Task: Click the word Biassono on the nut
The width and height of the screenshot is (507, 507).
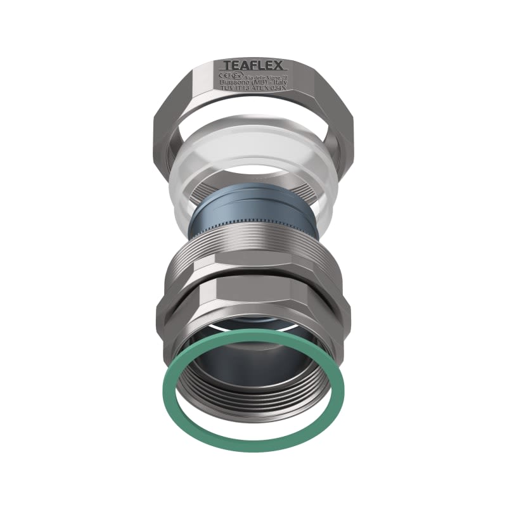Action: coord(234,83)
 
